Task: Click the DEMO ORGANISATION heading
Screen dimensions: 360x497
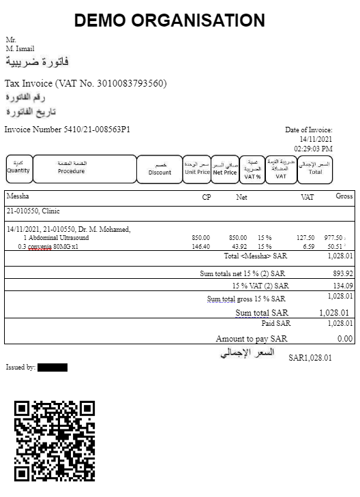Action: pos(169,20)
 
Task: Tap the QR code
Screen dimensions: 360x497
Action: pos(55,440)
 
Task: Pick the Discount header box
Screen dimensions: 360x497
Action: pos(160,169)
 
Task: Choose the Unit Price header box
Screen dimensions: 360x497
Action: pos(196,169)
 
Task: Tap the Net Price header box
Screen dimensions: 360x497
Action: pos(224,169)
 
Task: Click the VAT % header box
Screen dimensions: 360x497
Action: pos(253,169)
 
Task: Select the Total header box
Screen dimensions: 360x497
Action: pos(315,169)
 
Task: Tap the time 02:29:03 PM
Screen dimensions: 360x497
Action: pos(313,148)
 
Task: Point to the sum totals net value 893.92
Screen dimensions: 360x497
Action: pos(341,273)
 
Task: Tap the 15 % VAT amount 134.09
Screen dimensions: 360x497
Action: pos(341,286)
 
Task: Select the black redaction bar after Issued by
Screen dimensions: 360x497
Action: pos(52,367)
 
